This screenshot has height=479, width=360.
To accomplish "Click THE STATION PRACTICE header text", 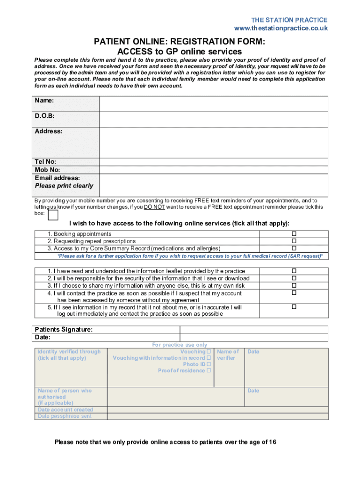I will (289, 20).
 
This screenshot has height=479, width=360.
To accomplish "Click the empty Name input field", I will (214, 104).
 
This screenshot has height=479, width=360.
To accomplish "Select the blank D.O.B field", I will (214, 119).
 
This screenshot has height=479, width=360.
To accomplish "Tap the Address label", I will (48, 131).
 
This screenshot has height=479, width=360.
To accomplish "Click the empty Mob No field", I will (214, 170).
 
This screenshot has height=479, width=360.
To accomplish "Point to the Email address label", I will (57, 178).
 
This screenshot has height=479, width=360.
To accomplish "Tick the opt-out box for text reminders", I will (53, 215).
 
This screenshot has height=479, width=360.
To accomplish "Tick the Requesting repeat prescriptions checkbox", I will (294, 241).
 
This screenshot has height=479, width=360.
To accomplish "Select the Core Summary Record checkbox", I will (294, 248).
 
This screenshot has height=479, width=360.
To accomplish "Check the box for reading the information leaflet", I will (294, 271).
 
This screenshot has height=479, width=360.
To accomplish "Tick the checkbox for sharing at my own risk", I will (294, 285).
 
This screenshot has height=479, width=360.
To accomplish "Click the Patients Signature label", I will (64, 330).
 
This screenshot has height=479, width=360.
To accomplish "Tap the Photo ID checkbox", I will (209, 364).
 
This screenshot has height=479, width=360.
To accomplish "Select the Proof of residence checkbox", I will (209, 370).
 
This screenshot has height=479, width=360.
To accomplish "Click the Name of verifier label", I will (228, 355).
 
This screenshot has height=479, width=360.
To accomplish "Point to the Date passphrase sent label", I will (65, 416).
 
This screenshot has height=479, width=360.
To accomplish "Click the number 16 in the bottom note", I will (272, 442).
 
